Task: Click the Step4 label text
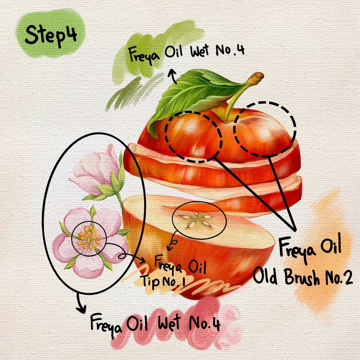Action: (x=51, y=36)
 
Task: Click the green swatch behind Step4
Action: (x=50, y=33)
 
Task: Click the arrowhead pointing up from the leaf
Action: (x=171, y=73)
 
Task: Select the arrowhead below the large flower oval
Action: (x=81, y=309)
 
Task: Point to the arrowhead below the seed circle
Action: (x=170, y=248)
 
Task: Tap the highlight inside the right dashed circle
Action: (x=264, y=133)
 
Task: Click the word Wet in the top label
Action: (x=199, y=51)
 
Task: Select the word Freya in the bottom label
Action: (x=106, y=325)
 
